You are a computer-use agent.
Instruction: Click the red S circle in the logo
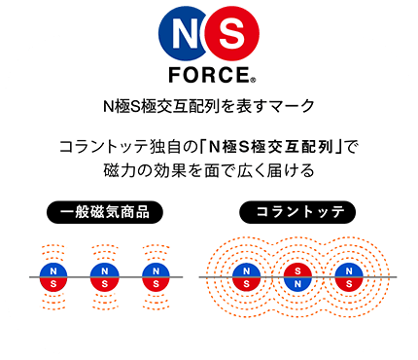tap(229, 35)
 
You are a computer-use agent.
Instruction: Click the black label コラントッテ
tap(297, 211)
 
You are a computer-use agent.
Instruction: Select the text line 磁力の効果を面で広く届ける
tap(208, 171)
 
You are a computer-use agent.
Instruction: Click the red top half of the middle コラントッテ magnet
tap(297, 270)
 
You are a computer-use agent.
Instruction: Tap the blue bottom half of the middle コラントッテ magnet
tap(297, 285)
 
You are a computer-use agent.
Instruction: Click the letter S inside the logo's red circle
tap(229, 35)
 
